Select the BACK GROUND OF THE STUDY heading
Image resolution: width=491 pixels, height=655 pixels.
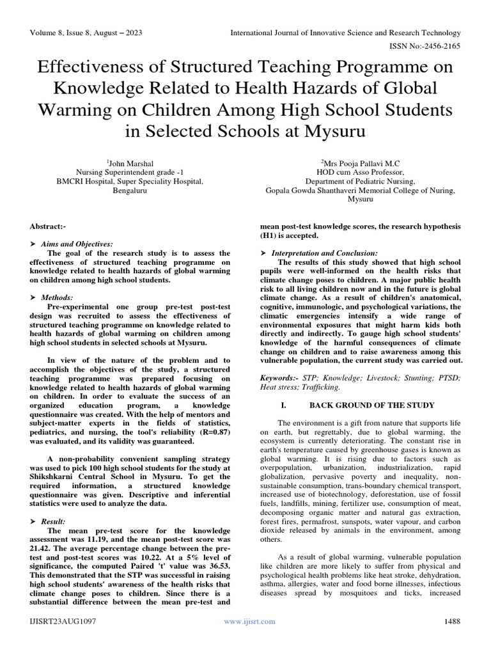click(372, 405)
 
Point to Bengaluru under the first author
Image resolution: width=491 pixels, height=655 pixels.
click(130, 191)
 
